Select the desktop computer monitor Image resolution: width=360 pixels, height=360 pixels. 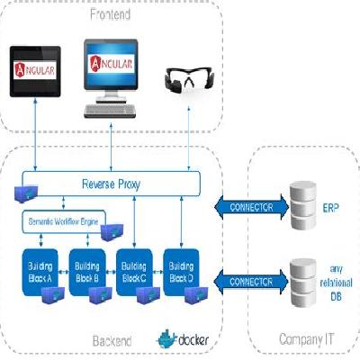coord(112,67)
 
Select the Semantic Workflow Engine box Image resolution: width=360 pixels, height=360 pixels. coord(63,220)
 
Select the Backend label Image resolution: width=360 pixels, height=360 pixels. coord(112,341)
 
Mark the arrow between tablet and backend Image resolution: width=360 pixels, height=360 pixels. coord(33,135)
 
